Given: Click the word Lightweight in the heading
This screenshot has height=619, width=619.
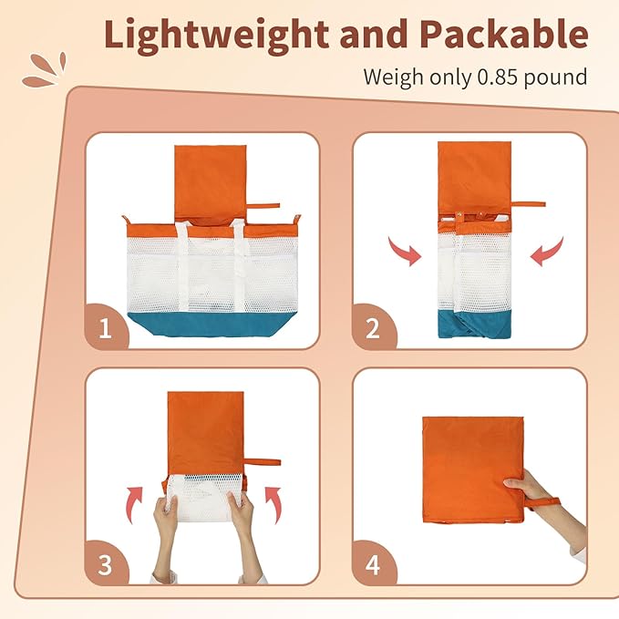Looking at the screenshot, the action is coord(216,36).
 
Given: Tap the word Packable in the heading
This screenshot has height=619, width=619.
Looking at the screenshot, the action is coord(504,34).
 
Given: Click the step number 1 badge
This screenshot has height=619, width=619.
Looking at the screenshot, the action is coord(106,327).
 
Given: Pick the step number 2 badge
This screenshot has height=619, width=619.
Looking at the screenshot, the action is coord(373,327).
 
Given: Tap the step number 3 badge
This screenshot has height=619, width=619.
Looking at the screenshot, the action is coord(105,563).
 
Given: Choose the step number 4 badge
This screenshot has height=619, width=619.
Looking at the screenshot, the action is coord(373,563).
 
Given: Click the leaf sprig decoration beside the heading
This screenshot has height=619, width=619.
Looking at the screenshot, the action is coord(45,70).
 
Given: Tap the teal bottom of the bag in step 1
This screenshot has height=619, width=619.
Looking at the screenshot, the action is coord(212,325).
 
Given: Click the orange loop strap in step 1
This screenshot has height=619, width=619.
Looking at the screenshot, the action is coord(263,206).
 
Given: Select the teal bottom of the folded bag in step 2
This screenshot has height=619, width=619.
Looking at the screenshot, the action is coord(475,324).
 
